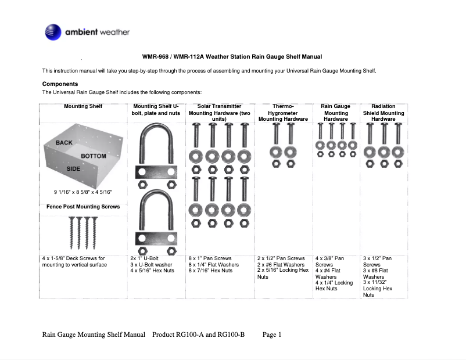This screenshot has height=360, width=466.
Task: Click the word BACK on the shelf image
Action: click(x=64, y=142)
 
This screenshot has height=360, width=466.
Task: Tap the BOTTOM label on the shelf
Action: click(x=93, y=156)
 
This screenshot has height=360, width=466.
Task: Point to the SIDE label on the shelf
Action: click(x=73, y=168)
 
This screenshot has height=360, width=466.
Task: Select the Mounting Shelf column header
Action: click(x=83, y=107)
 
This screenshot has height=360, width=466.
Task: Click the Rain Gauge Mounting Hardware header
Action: click(x=336, y=113)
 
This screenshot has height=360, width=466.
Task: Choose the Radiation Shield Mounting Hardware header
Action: click(x=383, y=113)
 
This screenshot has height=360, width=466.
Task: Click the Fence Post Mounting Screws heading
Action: click(x=83, y=207)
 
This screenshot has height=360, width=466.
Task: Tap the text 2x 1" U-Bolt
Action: click(x=145, y=258)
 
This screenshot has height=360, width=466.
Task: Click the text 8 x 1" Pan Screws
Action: click(x=210, y=258)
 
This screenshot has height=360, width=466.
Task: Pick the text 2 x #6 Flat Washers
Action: click(x=281, y=264)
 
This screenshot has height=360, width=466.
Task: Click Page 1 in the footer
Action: click(x=272, y=334)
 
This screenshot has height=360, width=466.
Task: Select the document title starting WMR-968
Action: click(x=232, y=57)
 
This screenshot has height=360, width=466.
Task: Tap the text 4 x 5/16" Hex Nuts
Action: click(x=152, y=271)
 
